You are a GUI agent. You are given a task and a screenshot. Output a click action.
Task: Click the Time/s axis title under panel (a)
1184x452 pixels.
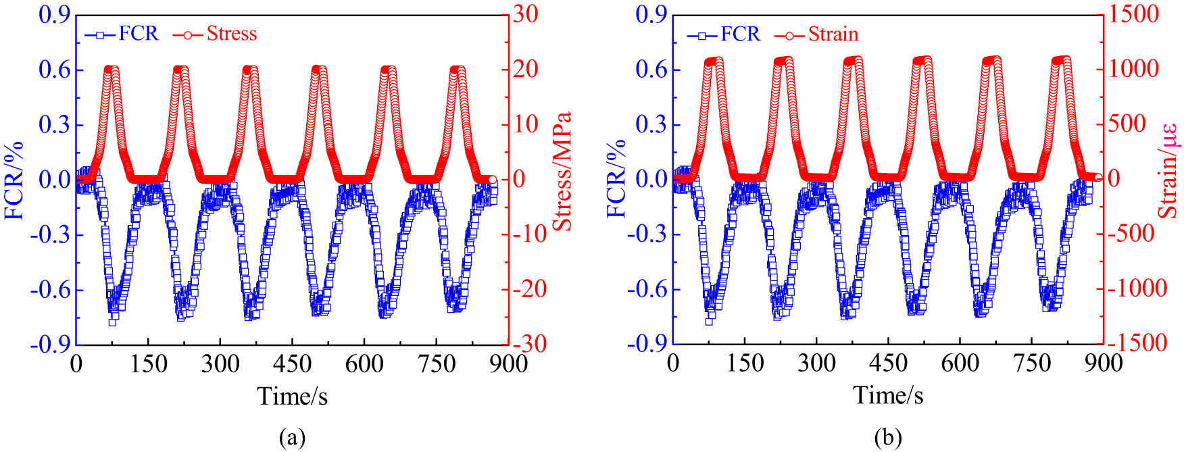coord(293,395)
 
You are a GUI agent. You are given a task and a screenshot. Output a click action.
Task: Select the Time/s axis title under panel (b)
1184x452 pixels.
coord(888,395)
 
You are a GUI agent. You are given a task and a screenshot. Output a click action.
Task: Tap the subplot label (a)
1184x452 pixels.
coord(292,438)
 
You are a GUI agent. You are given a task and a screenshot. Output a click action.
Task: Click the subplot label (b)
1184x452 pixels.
coord(887,438)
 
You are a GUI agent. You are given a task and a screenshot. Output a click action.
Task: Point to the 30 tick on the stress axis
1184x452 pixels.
coord(524,15)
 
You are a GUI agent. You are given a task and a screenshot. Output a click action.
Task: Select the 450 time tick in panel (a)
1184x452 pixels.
coord(292,364)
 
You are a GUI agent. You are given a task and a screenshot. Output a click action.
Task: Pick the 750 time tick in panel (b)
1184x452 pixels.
coord(1032,364)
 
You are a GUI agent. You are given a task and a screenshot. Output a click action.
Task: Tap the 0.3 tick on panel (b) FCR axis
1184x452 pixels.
coord(649,125)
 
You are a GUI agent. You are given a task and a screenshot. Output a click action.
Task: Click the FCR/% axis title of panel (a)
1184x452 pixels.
coord(15,179)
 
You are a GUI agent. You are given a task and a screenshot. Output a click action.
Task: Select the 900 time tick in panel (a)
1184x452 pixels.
coord(508,364)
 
